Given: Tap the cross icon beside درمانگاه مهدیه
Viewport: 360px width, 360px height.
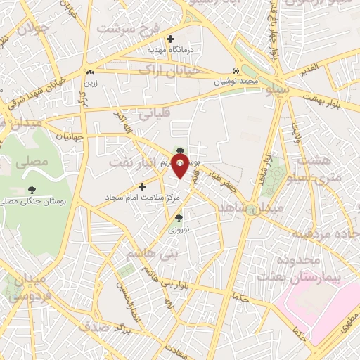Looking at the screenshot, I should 169,39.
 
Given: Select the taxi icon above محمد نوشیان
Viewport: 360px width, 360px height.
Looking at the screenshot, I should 236,70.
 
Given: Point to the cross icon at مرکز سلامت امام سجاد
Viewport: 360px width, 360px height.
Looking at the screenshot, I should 143,186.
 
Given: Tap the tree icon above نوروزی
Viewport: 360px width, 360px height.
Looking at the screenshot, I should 178,217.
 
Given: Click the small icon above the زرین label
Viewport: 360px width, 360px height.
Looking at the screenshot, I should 89,72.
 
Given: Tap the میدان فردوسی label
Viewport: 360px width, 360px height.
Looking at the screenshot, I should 28,288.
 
